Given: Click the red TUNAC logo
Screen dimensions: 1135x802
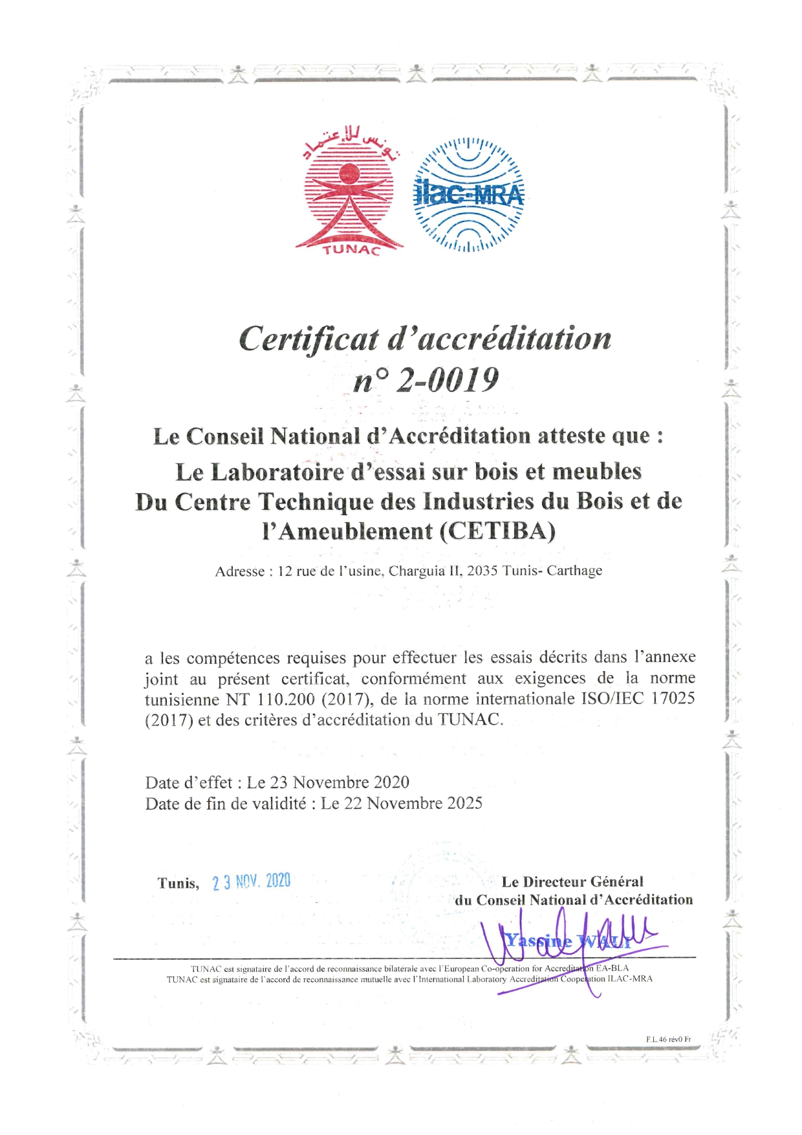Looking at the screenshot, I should pyautogui.click(x=349, y=194).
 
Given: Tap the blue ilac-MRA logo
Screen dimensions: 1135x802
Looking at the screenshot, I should pyautogui.click(x=468, y=194).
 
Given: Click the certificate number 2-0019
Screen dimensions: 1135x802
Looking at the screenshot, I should pyautogui.click(x=447, y=380).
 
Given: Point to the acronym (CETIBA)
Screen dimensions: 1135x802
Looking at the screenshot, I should pyautogui.click(x=497, y=531).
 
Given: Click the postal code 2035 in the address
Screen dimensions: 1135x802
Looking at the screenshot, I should pyautogui.click(x=482, y=571).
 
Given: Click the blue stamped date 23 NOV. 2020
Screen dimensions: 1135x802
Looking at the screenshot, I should pyautogui.click(x=251, y=882).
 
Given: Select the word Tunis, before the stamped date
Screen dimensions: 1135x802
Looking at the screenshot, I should pyautogui.click(x=178, y=883).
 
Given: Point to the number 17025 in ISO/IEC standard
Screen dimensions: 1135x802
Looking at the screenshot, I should pyautogui.click(x=672, y=699).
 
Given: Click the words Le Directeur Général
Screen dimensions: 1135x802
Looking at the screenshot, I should pyautogui.click(x=572, y=881).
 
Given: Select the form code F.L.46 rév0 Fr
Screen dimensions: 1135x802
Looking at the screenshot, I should pyautogui.click(x=668, y=1039).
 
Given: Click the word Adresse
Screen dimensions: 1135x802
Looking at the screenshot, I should pyautogui.click(x=239, y=571).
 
